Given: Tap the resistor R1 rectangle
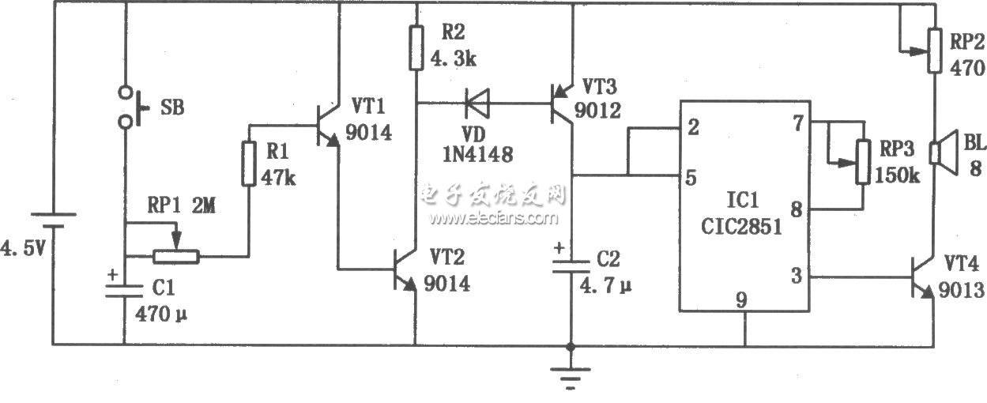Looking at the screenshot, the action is click(x=249, y=164).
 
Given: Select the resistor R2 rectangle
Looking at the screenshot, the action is click(x=416, y=47).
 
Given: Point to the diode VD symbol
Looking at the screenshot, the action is click(x=477, y=103).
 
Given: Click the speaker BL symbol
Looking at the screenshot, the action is click(x=943, y=153).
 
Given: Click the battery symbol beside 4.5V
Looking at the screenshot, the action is click(x=53, y=220).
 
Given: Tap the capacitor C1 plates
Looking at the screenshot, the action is click(x=124, y=291).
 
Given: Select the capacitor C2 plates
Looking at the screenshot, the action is click(x=571, y=266).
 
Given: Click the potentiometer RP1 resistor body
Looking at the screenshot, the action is click(x=176, y=257).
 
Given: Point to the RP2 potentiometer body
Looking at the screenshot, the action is click(x=934, y=51).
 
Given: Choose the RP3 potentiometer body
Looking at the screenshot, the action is click(x=863, y=162).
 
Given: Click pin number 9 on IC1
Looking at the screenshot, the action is click(x=741, y=300).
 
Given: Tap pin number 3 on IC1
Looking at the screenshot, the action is click(x=797, y=276).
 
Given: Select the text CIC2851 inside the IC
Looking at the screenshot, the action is click(x=741, y=226).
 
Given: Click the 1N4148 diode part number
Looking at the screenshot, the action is click(x=477, y=154).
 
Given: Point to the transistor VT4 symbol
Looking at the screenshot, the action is click(x=922, y=277).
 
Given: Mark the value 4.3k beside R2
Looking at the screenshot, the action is click(x=454, y=58).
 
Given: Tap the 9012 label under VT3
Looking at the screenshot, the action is click(x=597, y=111).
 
